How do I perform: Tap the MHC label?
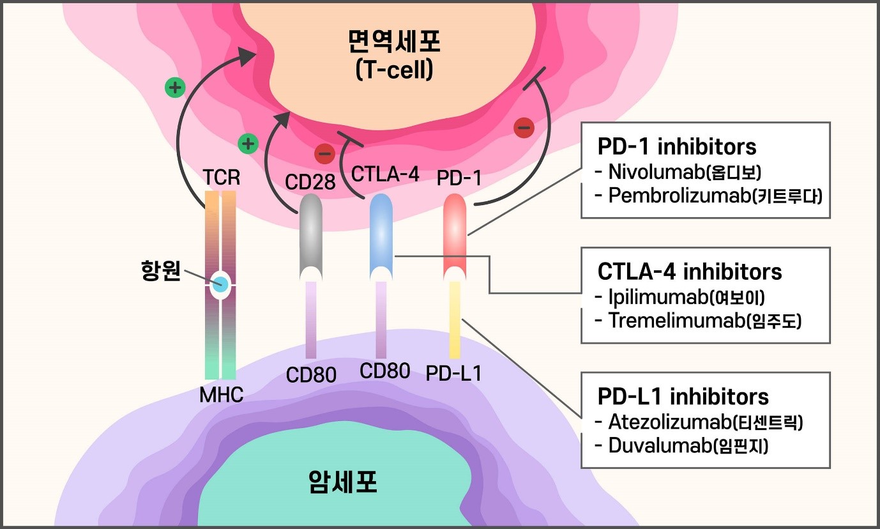click(221, 395)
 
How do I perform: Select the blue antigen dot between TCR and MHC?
click(220, 285)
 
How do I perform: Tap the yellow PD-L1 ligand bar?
click(455, 319)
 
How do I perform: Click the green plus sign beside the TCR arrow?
click(174, 88)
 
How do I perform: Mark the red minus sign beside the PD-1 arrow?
click(523, 128)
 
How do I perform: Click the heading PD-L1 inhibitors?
click(683, 397)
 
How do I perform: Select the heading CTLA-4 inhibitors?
click(690, 272)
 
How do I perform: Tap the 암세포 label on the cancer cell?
click(342, 482)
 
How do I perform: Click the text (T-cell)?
click(394, 69)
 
